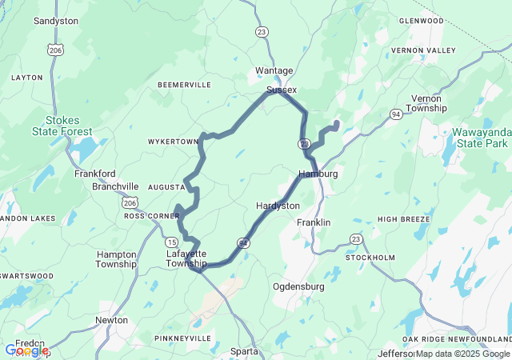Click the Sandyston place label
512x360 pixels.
55,21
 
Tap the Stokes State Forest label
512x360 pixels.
62,126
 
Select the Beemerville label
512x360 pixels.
184,85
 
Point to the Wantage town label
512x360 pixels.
274,70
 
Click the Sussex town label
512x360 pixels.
282,90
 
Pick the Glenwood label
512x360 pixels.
420,20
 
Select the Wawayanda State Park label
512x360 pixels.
479,137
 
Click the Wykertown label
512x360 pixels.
173,142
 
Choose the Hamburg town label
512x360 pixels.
318,174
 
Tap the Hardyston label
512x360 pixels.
278,206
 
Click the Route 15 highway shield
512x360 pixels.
172,242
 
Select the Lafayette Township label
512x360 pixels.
186,258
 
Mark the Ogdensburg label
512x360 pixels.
298,286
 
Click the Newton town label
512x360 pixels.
111,320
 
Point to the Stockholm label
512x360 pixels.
370,258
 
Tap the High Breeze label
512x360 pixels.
399,219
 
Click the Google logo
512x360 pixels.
26,350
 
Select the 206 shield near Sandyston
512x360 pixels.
54,50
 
